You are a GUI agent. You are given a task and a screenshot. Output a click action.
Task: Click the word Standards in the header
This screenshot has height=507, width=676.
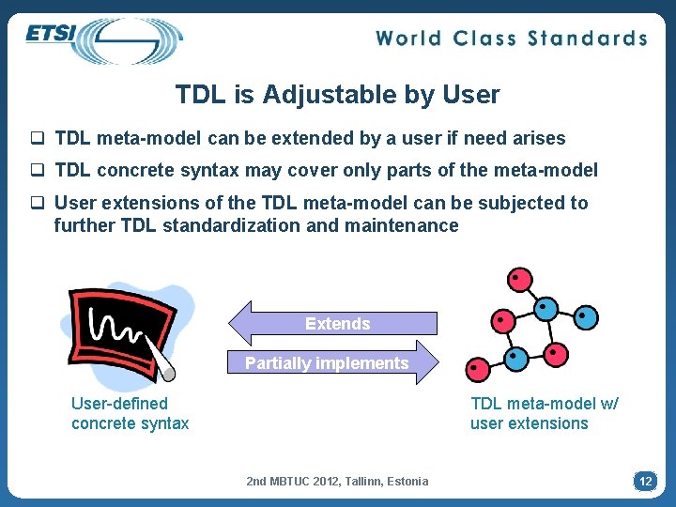(588, 38)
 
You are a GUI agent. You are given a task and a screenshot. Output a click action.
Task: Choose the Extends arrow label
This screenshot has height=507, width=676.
(337, 324)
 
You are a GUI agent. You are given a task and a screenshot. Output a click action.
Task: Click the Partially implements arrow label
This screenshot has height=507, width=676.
(327, 363)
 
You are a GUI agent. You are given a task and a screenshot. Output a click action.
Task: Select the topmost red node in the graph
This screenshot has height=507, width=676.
(518, 279)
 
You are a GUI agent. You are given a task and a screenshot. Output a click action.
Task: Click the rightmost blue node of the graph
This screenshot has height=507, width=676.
(585, 317)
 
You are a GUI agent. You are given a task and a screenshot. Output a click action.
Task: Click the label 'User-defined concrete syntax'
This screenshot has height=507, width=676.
(130, 413)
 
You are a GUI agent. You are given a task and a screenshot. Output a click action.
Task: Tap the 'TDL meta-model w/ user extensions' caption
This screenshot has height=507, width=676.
(544, 413)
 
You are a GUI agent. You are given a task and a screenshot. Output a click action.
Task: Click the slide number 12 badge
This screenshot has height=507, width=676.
(645, 481)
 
